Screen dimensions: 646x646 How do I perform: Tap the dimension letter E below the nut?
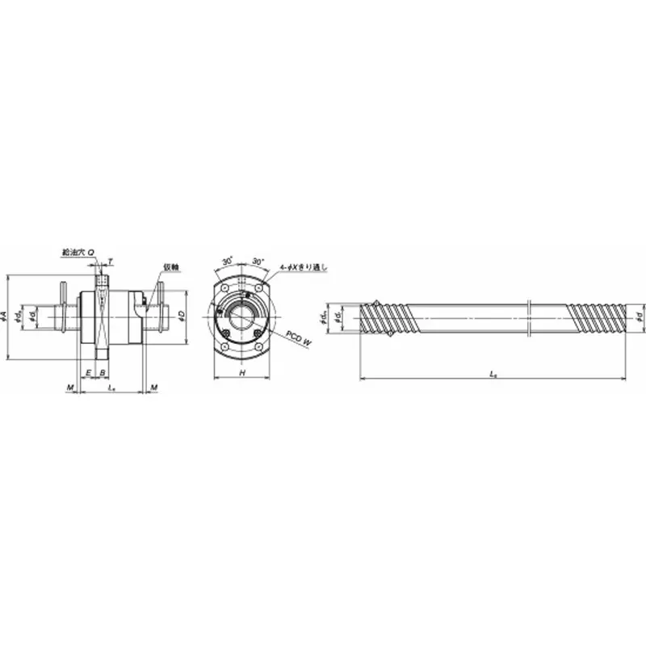(x=88, y=372)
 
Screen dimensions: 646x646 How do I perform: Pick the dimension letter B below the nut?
(x=102, y=372)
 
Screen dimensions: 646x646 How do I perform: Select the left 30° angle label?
(x=227, y=262)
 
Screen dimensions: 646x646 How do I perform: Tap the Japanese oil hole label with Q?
(x=79, y=253)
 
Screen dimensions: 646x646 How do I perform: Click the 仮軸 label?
(x=170, y=266)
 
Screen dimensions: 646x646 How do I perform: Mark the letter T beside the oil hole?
(x=111, y=262)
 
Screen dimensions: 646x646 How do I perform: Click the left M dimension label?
(x=70, y=388)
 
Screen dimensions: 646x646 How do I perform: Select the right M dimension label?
(x=153, y=388)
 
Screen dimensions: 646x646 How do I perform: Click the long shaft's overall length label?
(x=493, y=374)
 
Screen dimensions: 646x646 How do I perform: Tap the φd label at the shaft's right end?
(x=640, y=316)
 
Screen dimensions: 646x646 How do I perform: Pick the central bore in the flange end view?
(x=242, y=316)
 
